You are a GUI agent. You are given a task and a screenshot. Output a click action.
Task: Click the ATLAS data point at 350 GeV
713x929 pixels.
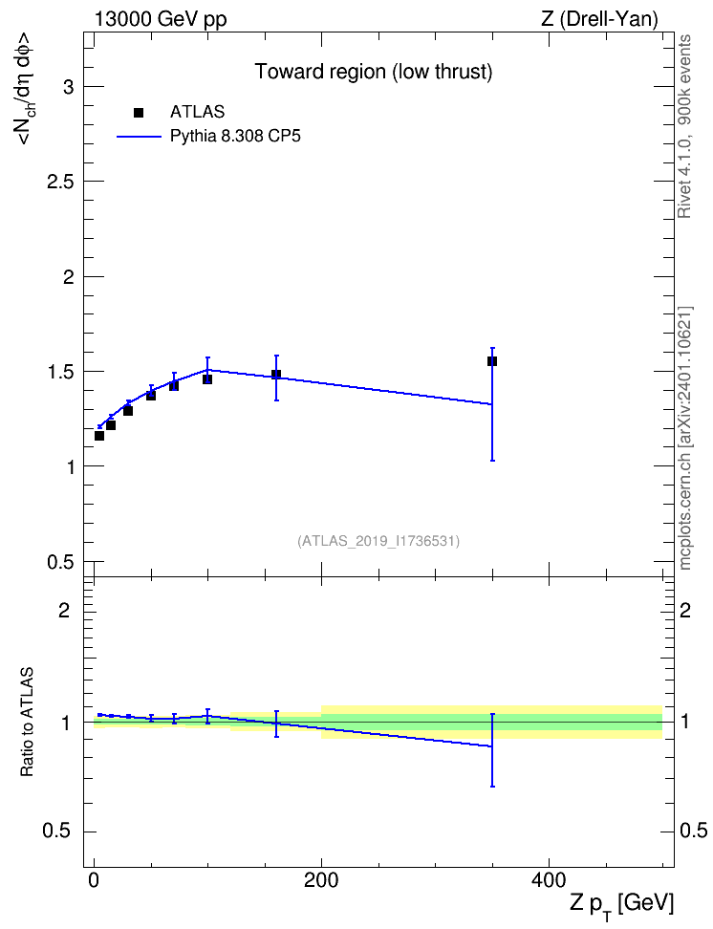point(492,361)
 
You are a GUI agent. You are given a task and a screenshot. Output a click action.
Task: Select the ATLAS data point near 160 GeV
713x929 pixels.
point(276,375)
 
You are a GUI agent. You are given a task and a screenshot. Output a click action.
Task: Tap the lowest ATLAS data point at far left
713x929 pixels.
point(99,436)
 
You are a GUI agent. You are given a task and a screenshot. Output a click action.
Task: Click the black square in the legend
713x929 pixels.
point(139,113)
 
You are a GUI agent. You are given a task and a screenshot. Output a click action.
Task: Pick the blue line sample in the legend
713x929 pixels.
point(139,137)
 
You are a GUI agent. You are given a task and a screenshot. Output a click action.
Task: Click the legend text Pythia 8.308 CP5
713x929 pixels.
point(235,137)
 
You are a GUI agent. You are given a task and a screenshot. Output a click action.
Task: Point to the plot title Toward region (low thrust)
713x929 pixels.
point(374,72)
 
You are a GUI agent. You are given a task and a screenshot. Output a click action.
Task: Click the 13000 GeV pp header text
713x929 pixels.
point(161,20)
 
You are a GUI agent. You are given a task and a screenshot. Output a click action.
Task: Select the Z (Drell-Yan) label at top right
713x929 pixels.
point(599,19)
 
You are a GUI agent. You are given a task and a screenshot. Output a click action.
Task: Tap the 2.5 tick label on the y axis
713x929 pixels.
point(60,182)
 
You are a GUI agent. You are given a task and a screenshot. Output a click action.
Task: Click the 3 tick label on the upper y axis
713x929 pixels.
point(69,87)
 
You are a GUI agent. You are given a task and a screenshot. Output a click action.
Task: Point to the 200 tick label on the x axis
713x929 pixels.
point(321,880)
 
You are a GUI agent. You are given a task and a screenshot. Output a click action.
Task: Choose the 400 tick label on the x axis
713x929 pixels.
point(549,880)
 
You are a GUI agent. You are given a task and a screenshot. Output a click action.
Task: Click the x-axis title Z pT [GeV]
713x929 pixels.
point(621,905)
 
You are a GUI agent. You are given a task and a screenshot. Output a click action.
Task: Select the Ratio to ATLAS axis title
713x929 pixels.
point(27,722)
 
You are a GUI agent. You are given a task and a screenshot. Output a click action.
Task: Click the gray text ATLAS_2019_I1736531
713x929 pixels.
point(378,541)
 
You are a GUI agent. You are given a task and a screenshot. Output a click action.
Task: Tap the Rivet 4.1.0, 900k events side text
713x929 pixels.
point(684,126)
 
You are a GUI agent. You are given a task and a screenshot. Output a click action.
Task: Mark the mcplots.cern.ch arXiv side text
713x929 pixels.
point(684,438)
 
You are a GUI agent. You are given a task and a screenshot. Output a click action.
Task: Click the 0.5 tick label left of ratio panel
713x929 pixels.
point(57,832)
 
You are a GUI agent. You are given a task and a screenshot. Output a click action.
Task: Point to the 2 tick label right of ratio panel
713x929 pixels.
point(685,610)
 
